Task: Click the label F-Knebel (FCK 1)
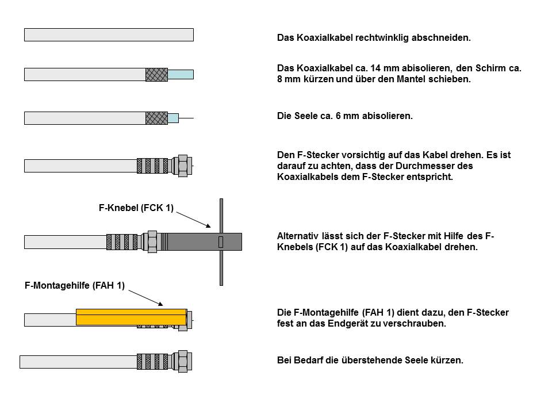[x=136, y=208]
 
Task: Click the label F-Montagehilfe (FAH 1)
[x=75, y=285]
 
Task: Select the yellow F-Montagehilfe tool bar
[x=131, y=317]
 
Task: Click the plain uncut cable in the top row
[x=109, y=34]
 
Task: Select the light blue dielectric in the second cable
[x=181, y=74]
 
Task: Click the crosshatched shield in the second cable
[x=156, y=74]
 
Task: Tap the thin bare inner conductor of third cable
[x=186, y=118]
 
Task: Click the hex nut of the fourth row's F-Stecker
[x=183, y=166]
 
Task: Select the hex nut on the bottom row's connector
[x=183, y=361]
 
